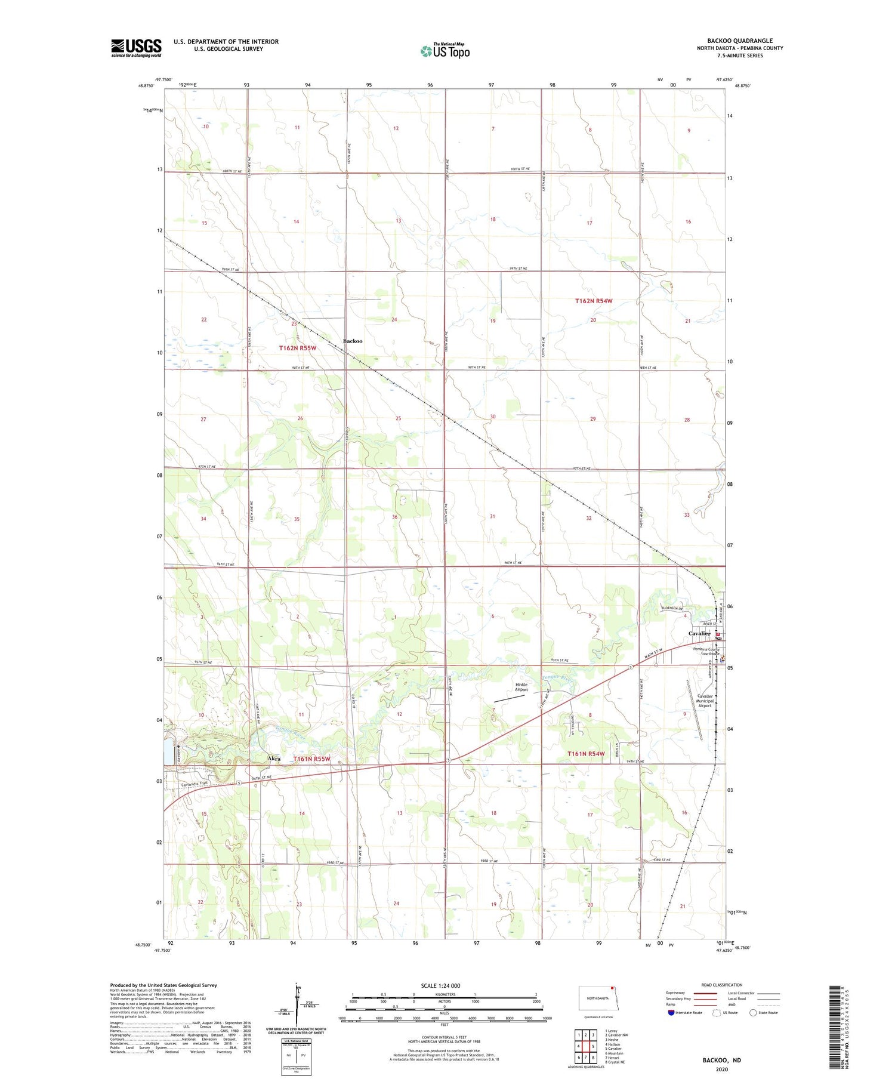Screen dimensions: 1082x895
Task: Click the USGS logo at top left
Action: (136, 48)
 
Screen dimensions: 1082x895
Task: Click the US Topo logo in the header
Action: (445, 51)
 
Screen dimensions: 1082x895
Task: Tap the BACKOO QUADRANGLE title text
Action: (739, 41)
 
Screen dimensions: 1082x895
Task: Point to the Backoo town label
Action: (352, 341)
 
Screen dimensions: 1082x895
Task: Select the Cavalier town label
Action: (699, 633)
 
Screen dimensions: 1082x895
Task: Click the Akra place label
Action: (274, 759)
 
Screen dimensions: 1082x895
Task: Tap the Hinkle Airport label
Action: (521, 687)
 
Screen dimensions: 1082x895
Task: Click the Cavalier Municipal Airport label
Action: (705, 701)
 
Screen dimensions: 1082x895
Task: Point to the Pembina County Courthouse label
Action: (705, 651)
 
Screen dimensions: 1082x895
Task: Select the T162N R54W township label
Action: (594, 301)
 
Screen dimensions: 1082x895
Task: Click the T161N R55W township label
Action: (311, 759)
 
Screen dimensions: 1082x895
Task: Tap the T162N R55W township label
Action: (297, 347)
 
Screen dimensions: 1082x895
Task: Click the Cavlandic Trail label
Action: (195, 784)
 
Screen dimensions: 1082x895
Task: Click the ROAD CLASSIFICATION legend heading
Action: (722, 985)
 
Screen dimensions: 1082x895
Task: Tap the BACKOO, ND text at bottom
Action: (721, 1060)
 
